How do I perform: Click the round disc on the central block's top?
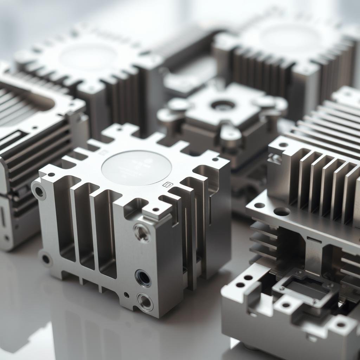coord(136,168)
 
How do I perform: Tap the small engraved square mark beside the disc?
coord(168,184)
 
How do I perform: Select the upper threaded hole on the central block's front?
coord(142,232)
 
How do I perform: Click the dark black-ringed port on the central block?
coord(143,278)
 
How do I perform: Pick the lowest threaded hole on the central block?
coord(145,302)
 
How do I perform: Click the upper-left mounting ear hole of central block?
coord(39,192)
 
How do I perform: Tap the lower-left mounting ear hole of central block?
coord(46,259)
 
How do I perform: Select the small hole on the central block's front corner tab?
coord(156,210)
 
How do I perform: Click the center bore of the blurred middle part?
coord(223,105)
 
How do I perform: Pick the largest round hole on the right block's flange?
coord(282,212)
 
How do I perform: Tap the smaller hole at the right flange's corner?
coord(259,205)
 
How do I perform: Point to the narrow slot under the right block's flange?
coord(314,240)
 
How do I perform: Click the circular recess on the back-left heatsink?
coord(88,56)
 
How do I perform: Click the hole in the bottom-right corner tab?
coord(341,324)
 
